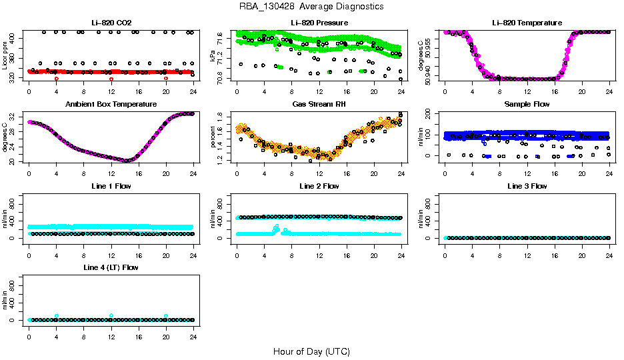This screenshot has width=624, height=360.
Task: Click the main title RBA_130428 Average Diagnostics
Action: [311, 7]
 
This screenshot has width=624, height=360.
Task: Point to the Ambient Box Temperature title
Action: [111, 104]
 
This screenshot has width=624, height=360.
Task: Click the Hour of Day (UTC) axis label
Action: [311, 351]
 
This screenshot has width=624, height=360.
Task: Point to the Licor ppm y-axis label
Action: [5, 56]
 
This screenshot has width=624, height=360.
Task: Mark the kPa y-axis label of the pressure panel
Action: [213, 56]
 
